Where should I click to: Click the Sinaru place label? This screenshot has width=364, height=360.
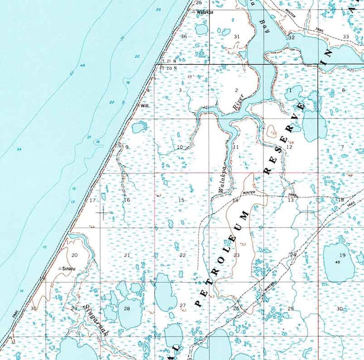(x=68, y=268)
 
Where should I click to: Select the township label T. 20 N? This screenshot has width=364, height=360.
(x=168, y=67)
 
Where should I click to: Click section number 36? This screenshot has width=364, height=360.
(x=184, y=36)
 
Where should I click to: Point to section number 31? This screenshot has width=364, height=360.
(x=237, y=36)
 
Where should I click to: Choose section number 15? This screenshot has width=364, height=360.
(x=181, y=200)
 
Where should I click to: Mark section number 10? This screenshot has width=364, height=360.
(x=180, y=147)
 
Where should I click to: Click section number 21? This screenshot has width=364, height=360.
(x=127, y=255)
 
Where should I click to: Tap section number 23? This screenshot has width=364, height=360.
(x=237, y=255)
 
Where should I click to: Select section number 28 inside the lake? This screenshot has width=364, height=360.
(x=127, y=308)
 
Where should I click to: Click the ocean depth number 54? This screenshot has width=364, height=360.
(x=19, y=150)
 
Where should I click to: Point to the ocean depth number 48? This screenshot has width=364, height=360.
(x=83, y=66)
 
